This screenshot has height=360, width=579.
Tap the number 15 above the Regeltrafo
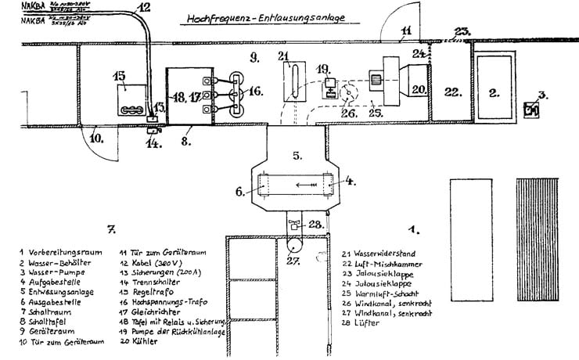pos(119,76)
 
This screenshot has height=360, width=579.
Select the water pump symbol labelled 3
pos(533,109)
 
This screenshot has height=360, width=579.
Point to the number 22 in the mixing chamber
pos(449,92)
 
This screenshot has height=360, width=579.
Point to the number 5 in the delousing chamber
pos(297,155)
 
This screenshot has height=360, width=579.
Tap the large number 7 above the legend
pos(112,229)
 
